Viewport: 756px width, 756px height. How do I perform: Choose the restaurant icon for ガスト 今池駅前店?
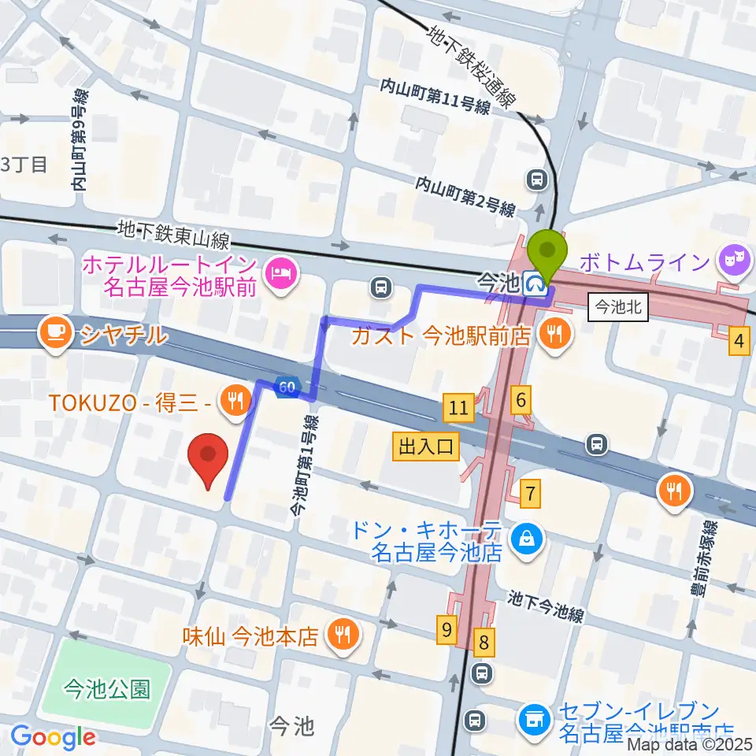[x=556, y=334]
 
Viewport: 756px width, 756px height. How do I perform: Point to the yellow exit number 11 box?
[x=458, y=408]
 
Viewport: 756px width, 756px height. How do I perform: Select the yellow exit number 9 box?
[x=447, y=630]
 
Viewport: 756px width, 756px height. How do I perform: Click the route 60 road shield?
[x=286, y=387]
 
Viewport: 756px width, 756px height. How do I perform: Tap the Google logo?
[x=52, y=738]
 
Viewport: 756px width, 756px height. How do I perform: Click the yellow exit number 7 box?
[x=532, y=495]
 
